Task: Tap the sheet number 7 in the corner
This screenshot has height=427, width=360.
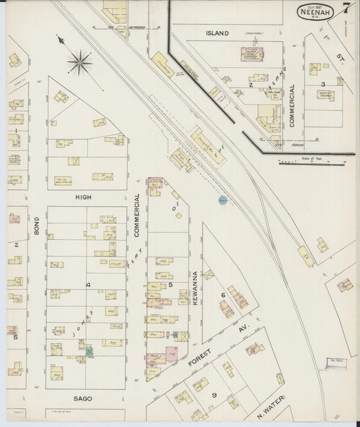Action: (x=345, y=9)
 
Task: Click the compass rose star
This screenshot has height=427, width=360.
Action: (x=80, y=63)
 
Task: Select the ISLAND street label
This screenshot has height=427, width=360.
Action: (x=217, y=32)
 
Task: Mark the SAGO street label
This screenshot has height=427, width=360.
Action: (x=82, y=399)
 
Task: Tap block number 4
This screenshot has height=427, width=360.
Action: (x=87, y=285)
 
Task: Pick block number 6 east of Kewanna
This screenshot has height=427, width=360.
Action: (x=222, y=295)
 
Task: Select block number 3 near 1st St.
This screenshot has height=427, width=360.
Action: (x=323, y=84)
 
